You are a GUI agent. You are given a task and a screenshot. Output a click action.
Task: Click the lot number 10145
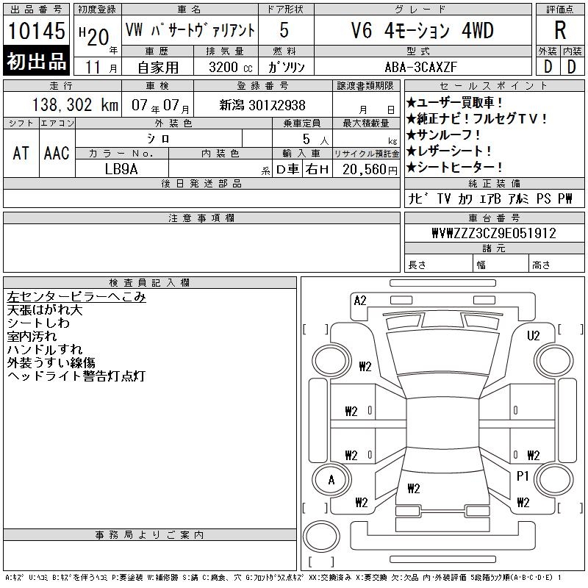pos(36,31)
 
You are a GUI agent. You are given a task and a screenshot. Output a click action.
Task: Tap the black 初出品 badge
pos(36,61)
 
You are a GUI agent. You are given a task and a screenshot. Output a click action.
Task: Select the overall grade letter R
pos(560,30)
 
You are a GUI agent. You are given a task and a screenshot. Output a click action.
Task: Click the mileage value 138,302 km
pos(75,105)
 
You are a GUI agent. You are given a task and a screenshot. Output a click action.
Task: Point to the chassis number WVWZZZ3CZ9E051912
pos(494,233)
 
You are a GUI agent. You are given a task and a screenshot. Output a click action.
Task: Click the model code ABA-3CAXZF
pos(420,67)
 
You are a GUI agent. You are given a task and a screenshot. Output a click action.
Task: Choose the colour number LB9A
pos(121,169)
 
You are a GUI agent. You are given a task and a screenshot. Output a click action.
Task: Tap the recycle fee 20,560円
pos(370,170)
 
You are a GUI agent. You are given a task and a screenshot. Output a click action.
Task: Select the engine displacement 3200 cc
pos(231,68)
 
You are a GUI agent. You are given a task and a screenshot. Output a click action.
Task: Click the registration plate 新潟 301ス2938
pos(262,105)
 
